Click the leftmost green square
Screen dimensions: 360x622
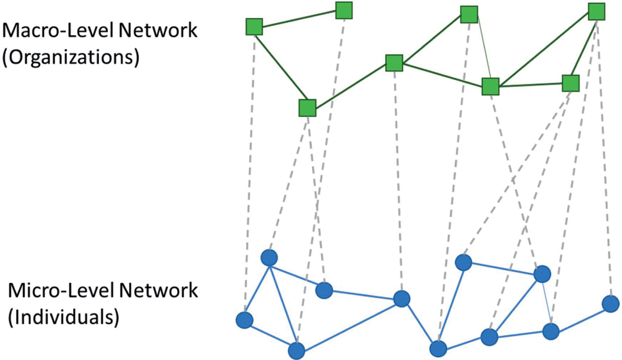coord(254,27)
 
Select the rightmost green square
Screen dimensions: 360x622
coord(597,11)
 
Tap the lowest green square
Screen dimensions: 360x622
coord(307,108)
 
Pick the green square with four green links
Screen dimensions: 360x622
coord(490,87)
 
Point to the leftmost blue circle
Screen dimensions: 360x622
coord(244,320)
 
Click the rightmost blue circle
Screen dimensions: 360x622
coord(610,303)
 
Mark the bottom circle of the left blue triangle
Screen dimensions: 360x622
coord(296,350)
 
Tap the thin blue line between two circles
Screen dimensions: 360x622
coord(547,303)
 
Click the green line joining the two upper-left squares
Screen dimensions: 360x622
coord(299,19)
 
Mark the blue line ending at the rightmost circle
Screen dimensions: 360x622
coord(580,317)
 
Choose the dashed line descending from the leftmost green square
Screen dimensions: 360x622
coord(250,170)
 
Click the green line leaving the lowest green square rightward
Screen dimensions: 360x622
coord(350,86)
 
